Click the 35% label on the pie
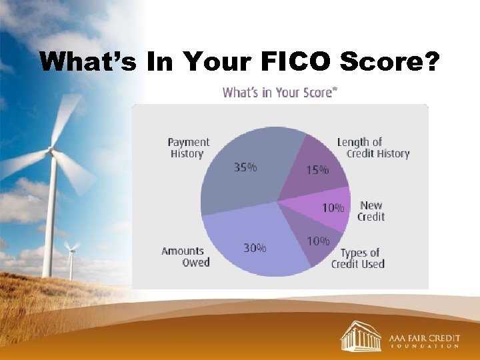pyautogui.click(x=245, y=168)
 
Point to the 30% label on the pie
pyautogui.click(x=254, y=247)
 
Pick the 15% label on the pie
pyautogui.click(x=317, y=170)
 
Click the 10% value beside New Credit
pyautogui.click(x=333, y=208)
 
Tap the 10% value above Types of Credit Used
pyautogui.click(x=318, y=241)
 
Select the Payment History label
pyautogui.click(x=188, y=148)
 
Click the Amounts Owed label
pyautogui.click(x=185, y=257)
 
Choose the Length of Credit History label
pyautogui.click(x=373, y=148)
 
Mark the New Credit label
pyautogui.click(x=371, y=211)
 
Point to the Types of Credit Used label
pyautogui.click(x=358, y=259)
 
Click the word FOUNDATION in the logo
pyautogui.click(x=424, y=347)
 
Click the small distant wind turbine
pyautogui.click(x=70, y=257)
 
